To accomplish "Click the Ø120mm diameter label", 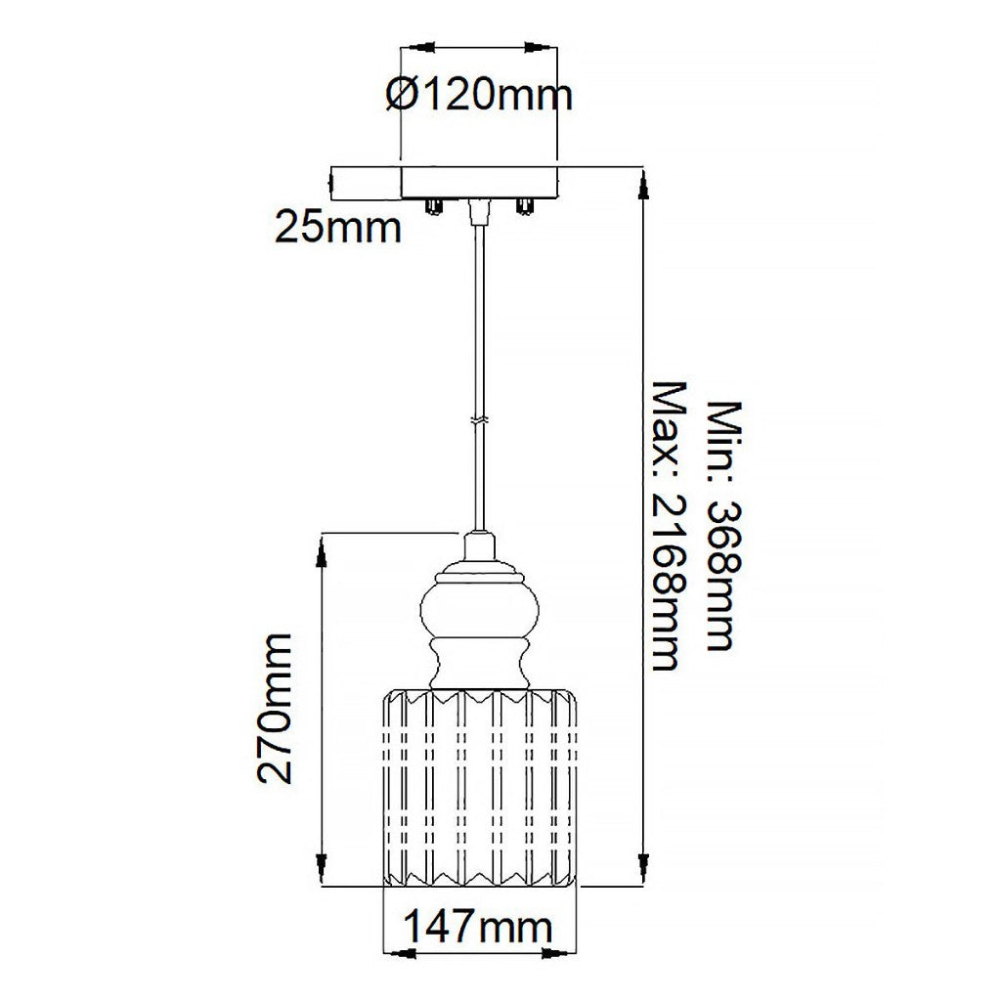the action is (x=479, y=95).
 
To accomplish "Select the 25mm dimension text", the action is (x=338, y=228).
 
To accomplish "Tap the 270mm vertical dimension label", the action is (x=275, y=708).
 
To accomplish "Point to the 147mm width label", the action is (x=478, y=927).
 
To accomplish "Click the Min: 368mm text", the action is (x=726, y=526).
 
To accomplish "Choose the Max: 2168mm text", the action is (x=667, y=526).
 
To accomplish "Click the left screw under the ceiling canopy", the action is (x=433, y=206).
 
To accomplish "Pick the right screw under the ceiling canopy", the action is (x=525, y=206).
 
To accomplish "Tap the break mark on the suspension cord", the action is (x=479, y=420).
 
